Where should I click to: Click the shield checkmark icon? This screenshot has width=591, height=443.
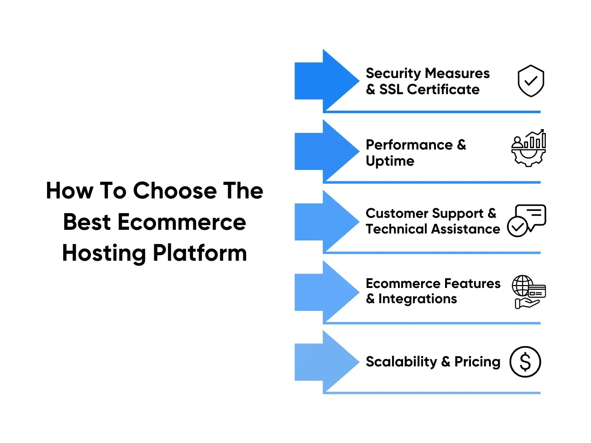531,81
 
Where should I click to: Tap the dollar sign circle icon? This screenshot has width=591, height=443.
525,362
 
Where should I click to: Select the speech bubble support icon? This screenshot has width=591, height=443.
527,221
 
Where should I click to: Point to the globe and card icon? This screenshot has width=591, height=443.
529,292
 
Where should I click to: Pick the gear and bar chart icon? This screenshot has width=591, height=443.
529,148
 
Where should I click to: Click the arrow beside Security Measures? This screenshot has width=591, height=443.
327,81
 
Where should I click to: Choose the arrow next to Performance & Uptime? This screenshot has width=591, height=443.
327,151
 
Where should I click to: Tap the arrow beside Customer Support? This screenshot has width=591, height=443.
327,221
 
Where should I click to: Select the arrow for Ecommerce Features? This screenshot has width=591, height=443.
327,292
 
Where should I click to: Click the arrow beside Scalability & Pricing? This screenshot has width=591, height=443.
327,362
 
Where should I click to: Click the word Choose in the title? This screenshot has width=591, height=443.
175,191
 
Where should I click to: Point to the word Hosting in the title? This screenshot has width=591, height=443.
104,253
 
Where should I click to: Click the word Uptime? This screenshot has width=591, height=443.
390,162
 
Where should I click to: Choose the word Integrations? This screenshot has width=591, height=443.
417,299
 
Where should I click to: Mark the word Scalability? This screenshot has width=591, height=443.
401,362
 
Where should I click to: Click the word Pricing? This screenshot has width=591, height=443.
477,362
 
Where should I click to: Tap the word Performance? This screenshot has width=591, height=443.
409,145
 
